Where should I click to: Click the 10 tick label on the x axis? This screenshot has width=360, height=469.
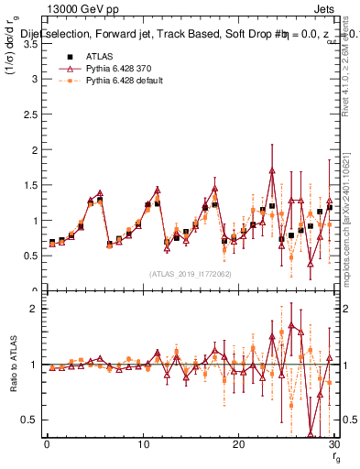(142, 444)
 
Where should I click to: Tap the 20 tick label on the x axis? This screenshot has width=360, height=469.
(237, 444)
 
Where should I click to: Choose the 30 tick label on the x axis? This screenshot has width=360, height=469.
(332, 444)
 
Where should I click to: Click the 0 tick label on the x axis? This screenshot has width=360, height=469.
(47, 444)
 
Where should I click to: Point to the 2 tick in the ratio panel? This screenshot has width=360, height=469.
(38, 309)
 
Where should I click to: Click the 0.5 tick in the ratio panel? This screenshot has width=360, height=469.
(34, 420)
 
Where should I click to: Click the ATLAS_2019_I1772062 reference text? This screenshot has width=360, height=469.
(190, 274)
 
